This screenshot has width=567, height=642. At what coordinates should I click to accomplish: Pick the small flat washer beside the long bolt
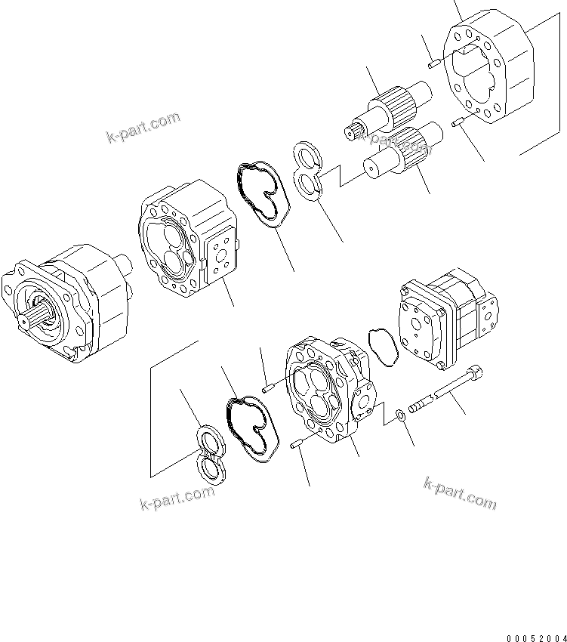coord(399,414)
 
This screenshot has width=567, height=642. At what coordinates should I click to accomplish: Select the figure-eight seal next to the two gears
coord(308,171)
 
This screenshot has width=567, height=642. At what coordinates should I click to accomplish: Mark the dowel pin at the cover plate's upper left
coord(433,65)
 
